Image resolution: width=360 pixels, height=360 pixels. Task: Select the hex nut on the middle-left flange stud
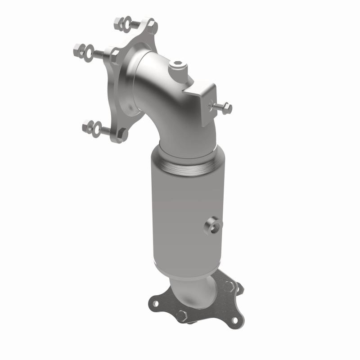pyautogui.click(x=77, y=50)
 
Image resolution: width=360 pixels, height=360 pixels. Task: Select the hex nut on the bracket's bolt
pyautogui.click(x=227, y=108)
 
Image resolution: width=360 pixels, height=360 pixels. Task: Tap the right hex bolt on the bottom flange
pyautogui.click(x=229, y=285)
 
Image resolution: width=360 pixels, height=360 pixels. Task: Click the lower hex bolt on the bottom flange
pyautogui.click(x=182, y=315)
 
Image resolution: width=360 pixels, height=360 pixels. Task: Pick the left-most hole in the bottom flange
pyautogui.click(x=155, y=304)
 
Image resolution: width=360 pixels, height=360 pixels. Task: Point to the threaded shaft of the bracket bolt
pyautogui.click(x=218, y=107)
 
